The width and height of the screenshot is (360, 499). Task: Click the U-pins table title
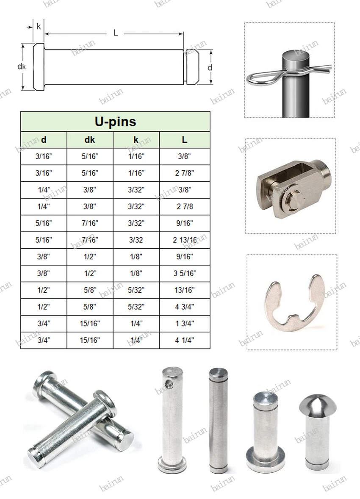click(115, 122)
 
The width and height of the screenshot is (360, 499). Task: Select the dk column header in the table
click(90, 139)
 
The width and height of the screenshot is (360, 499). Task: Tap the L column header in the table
click(184, 139)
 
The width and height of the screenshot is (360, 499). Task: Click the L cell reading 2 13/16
click(184, 240)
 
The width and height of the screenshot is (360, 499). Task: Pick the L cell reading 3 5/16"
click(184, 273)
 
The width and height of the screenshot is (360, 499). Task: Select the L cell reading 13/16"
click(184, 290)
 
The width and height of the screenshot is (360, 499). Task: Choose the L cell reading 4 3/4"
click(184, 307)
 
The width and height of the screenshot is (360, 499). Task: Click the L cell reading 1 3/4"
click(184, 324)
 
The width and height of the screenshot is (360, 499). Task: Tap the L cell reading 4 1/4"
click(184, 340)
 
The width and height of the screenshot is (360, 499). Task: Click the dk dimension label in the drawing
click(22, 67)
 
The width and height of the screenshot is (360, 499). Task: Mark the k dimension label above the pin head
click(39, 26)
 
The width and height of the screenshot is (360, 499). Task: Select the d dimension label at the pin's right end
click(210, 67)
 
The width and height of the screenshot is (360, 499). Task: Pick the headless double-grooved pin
click(219, 419)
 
